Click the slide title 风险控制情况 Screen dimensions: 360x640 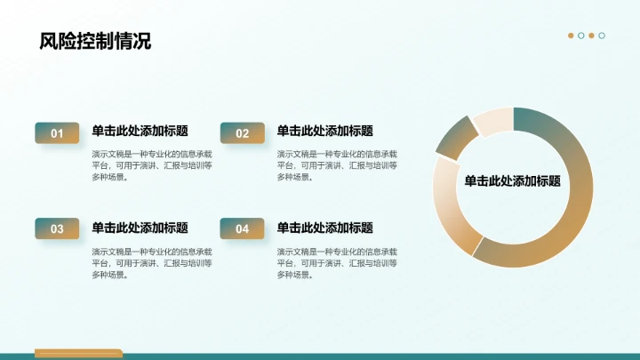pos(95,41)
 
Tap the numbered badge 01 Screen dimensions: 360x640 pos(57,133)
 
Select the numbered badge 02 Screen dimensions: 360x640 pos(242,133)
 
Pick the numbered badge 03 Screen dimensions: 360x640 pos(57,229)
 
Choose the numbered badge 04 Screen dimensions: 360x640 pos(242,229)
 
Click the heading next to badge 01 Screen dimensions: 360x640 pos(140,131)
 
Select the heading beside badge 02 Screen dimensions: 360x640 pos(324,131)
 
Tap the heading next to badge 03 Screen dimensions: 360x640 pos(140,228)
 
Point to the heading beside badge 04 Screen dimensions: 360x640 pos(324,228)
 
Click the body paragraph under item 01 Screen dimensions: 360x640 pos(151,165)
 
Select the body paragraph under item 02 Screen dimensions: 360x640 pos(336,165)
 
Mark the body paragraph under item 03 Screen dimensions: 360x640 pos(151,263)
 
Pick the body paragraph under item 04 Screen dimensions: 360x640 pos(336,263)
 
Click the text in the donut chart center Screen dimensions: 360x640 pos(512,181)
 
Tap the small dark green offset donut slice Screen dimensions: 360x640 pos(456,139)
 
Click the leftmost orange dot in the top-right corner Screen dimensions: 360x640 pos(571,36)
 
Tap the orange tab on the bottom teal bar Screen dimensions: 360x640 pos(77,353)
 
